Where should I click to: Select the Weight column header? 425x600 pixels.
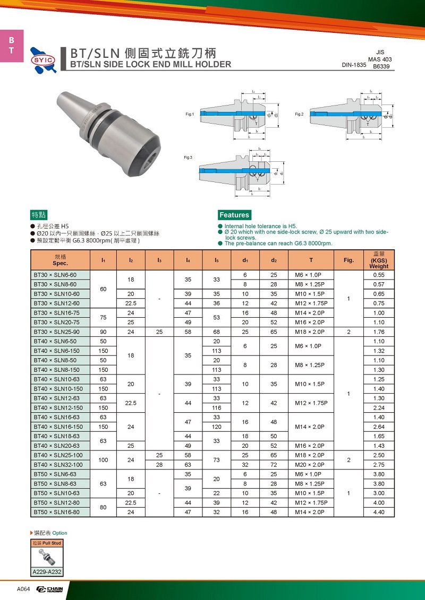pos(379,260)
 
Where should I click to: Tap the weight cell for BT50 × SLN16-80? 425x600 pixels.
pos(379,512)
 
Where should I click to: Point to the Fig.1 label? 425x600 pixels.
pos(190,115)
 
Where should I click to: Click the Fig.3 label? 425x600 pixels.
pos(188,158)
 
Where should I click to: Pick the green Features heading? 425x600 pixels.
pos(234,215)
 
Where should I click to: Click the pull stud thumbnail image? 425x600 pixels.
pos(47,557)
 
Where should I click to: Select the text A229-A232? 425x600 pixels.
pos(47,572)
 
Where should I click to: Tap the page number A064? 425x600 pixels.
pos(23,589)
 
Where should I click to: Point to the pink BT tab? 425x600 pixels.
pos(12,46)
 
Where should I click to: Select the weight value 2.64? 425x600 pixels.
pos(379,427)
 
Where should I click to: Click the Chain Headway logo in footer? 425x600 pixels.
pos(49,589)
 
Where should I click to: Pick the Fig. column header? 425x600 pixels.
pos(348,260)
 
